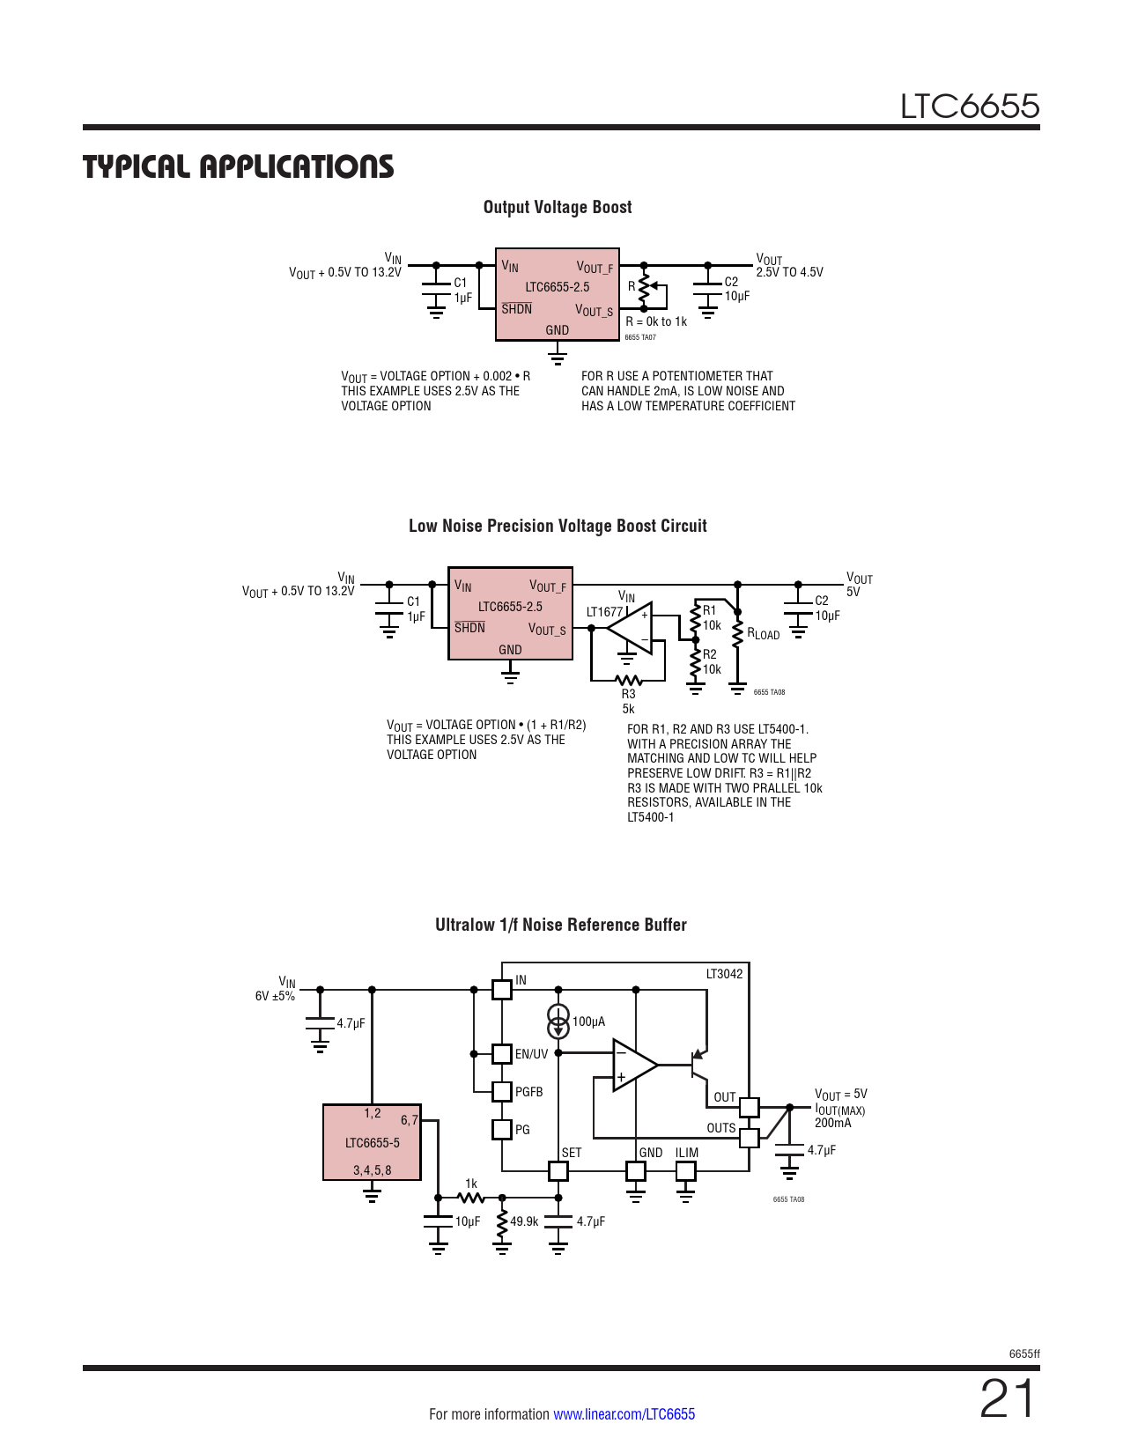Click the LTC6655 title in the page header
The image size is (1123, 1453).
pos(969,107)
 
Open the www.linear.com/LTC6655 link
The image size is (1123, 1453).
pos(624,1414)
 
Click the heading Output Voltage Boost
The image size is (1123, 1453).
pos(558,207)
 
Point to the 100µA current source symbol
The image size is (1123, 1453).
pos(558,1022)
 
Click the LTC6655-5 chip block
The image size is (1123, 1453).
pos(372,1142)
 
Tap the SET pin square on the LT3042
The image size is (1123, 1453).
pos(558,1170)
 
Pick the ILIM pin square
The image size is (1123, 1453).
pos(685,1170)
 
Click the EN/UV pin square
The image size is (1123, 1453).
pos(502,1053)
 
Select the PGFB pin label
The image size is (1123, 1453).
pos(528,1092)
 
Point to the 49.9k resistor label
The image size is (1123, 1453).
pos(524,1221)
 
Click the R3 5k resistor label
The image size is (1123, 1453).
pos(628,701)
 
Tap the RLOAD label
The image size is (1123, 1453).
pos(763,634)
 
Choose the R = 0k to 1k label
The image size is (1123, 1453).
pos(656,321)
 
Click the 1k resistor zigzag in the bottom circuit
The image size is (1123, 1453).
pos(471,1198)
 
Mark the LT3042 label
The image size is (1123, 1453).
pos(724,974)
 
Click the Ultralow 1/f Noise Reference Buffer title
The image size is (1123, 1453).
pos(560,925)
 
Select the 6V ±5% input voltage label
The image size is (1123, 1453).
pos(275,996)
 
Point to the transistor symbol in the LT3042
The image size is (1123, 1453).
pos(696,1065)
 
